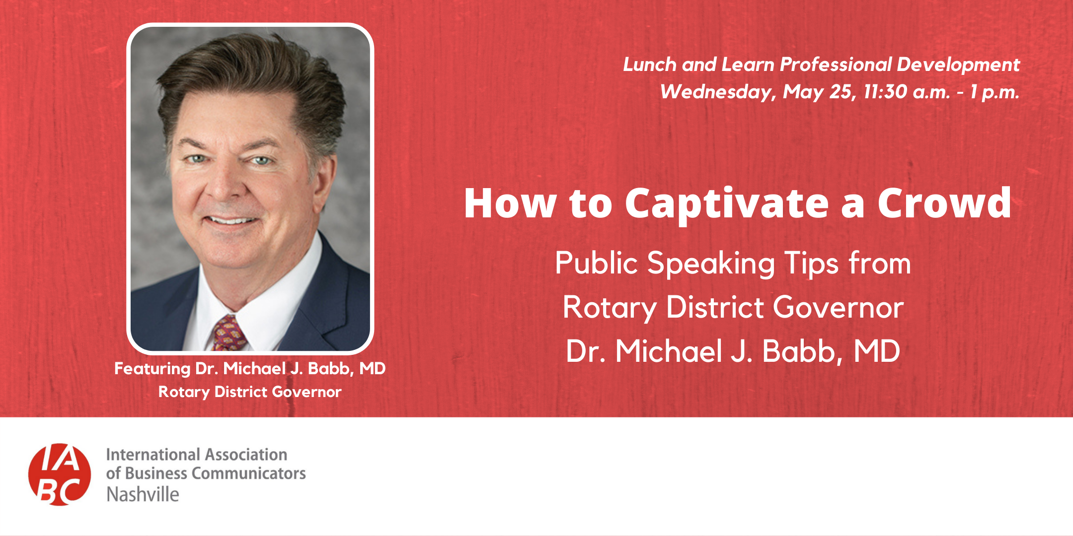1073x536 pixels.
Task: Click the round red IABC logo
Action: pos(60,474)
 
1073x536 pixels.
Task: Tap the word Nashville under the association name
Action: pos(143,494)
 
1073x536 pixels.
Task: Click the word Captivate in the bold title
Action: pos(727,203)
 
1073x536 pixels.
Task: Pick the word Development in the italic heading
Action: pos(958,65)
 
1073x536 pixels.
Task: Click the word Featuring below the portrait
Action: pos(153,369)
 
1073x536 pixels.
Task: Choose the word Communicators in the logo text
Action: pos(248,473)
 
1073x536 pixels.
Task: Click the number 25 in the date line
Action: pos(841,92)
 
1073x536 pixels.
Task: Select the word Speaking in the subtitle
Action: pos(711,263)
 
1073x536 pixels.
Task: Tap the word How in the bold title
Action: pos(510,203)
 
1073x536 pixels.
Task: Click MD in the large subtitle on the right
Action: pos(877,351)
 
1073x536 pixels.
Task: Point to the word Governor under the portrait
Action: pos(307,392)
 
